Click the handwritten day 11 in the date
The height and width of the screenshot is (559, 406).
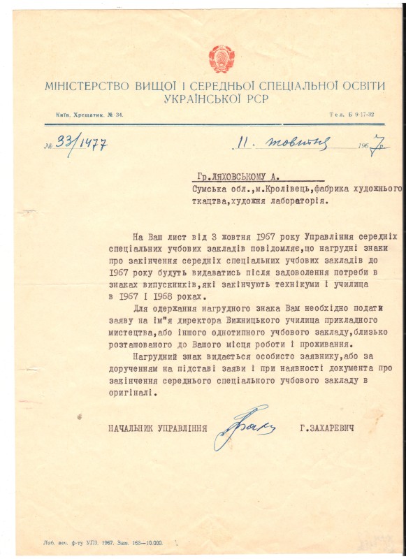(x=242, y=143)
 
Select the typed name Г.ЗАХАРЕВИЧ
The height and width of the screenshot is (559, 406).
(x=328, y=427)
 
